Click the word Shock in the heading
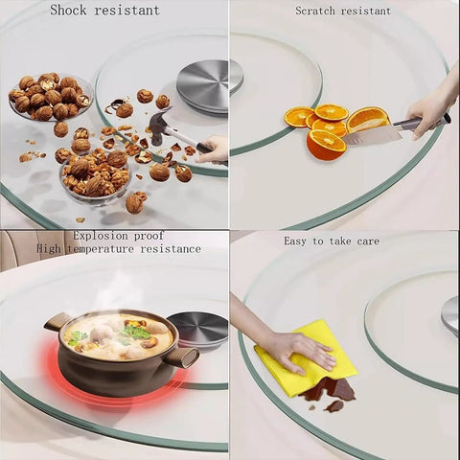click(68, 10)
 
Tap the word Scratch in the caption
click(315, 11)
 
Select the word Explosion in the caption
click(101, 237)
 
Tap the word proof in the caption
click(149, 237)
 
